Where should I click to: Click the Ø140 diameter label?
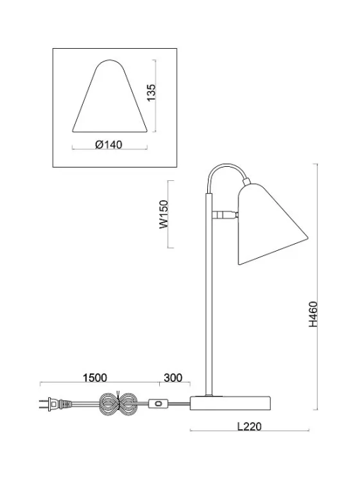pos(108,144)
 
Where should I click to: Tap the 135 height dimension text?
pos(151,92)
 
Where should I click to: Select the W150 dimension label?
pos(164,214)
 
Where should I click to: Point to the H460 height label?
pos(313,314)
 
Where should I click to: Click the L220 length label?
pos(250,426)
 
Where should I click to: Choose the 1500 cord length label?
pos(95,377)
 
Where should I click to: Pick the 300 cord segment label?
pos(173,377)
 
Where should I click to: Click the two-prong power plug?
pos(55,404)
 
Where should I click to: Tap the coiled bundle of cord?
pos(117,404)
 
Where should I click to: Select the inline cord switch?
pos(158,404)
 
